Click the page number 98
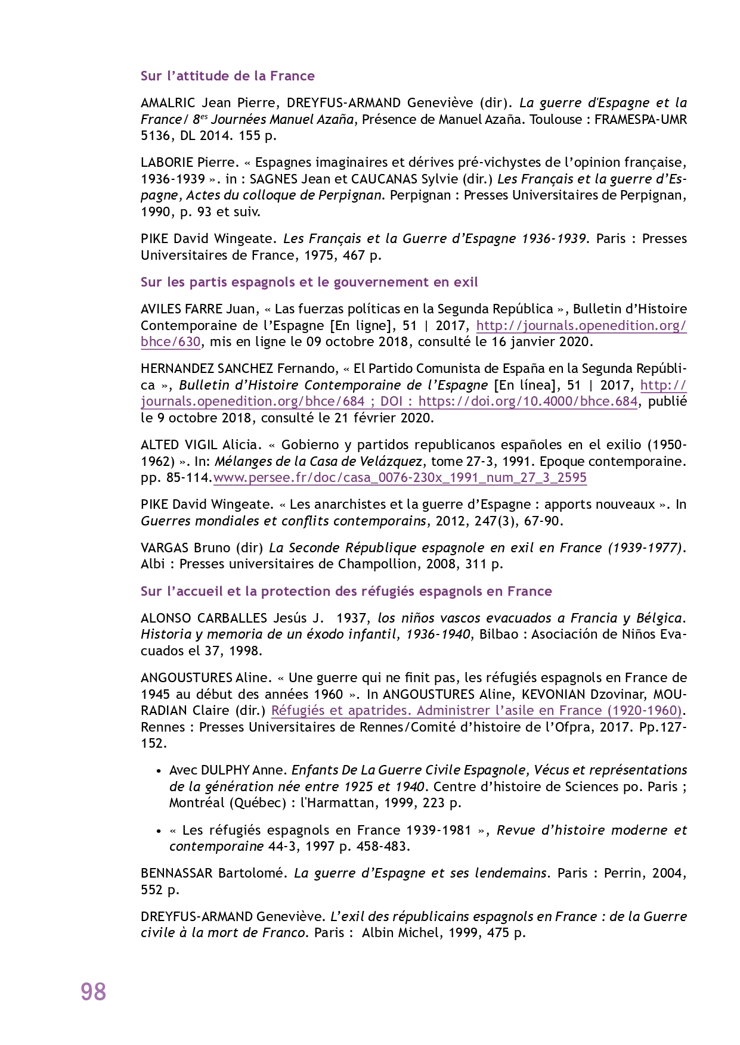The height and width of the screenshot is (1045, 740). click(x=94, y=992)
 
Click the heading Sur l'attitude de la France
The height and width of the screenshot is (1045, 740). click(x=227, y=76)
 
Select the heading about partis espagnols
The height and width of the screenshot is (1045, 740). click(x=309, y=282)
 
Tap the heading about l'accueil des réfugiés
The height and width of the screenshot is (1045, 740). click(x=346, y=591)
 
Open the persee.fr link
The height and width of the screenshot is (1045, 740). click(x=400, y=478)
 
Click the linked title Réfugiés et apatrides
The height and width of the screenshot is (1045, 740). click(x=476, y=710)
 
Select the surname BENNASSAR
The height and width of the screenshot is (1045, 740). click(x=176, y=873)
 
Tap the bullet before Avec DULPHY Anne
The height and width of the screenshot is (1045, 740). click(x=159, y=771)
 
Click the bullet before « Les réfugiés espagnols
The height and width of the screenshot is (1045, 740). click(x=159, y=831)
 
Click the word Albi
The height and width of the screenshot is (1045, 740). click(x=153, y=564)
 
